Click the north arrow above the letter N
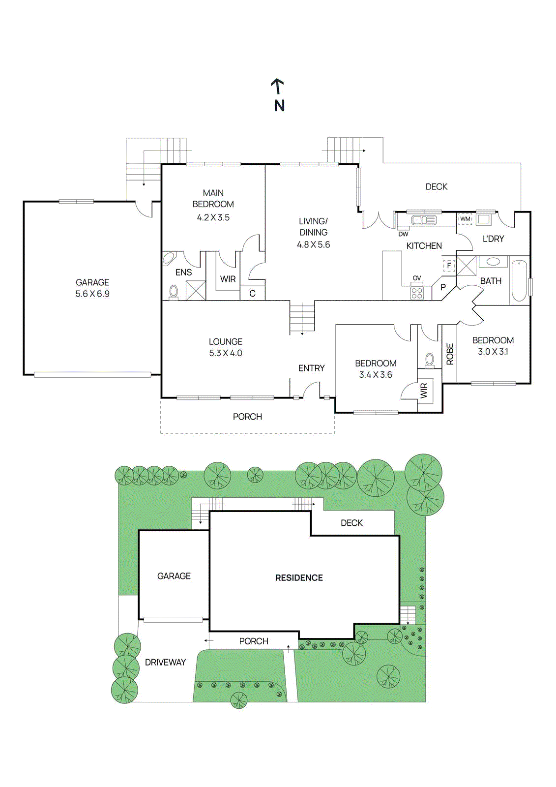(278, 86)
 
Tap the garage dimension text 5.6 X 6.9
(92, 294)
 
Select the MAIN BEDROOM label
(213, 199)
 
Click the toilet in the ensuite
(174, 291)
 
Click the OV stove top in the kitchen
(417, 293)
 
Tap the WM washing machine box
(465, 219)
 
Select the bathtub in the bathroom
(519, 280)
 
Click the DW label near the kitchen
(403, 234)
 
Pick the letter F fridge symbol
(448, 266)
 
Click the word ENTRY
(311, 368)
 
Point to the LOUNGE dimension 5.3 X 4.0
(225, 353)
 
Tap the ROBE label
(450, 354)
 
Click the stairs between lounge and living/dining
(302, 318)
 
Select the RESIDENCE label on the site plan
(299, 578)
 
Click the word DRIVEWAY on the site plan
(165, 663)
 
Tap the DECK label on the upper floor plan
(436, 187)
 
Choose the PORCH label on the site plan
(254, 641)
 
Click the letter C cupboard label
(252, 294)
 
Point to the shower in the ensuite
(196, 290)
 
